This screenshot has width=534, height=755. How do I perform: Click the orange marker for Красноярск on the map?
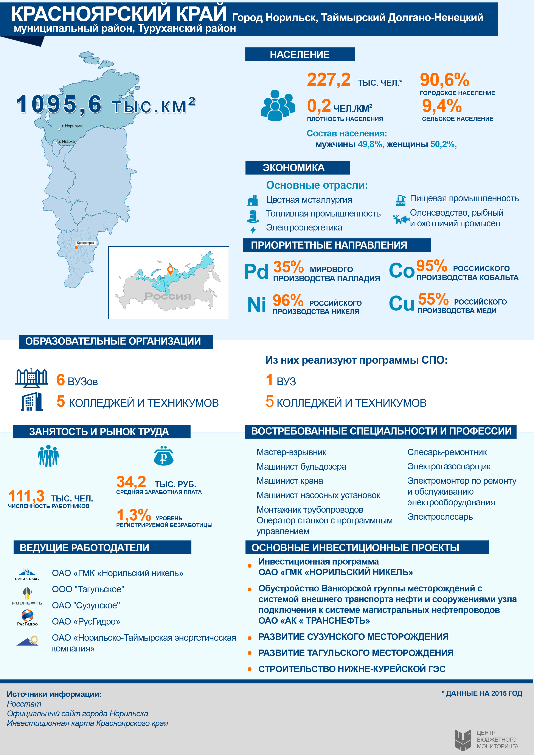76,247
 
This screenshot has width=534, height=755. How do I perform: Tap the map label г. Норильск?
72,126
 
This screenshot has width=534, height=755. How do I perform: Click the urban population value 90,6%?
444,80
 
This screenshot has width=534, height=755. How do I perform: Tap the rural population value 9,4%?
442,106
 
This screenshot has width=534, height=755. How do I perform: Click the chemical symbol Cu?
401,303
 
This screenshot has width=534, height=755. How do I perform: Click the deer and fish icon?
401,219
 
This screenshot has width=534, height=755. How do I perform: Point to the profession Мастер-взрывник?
291,452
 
